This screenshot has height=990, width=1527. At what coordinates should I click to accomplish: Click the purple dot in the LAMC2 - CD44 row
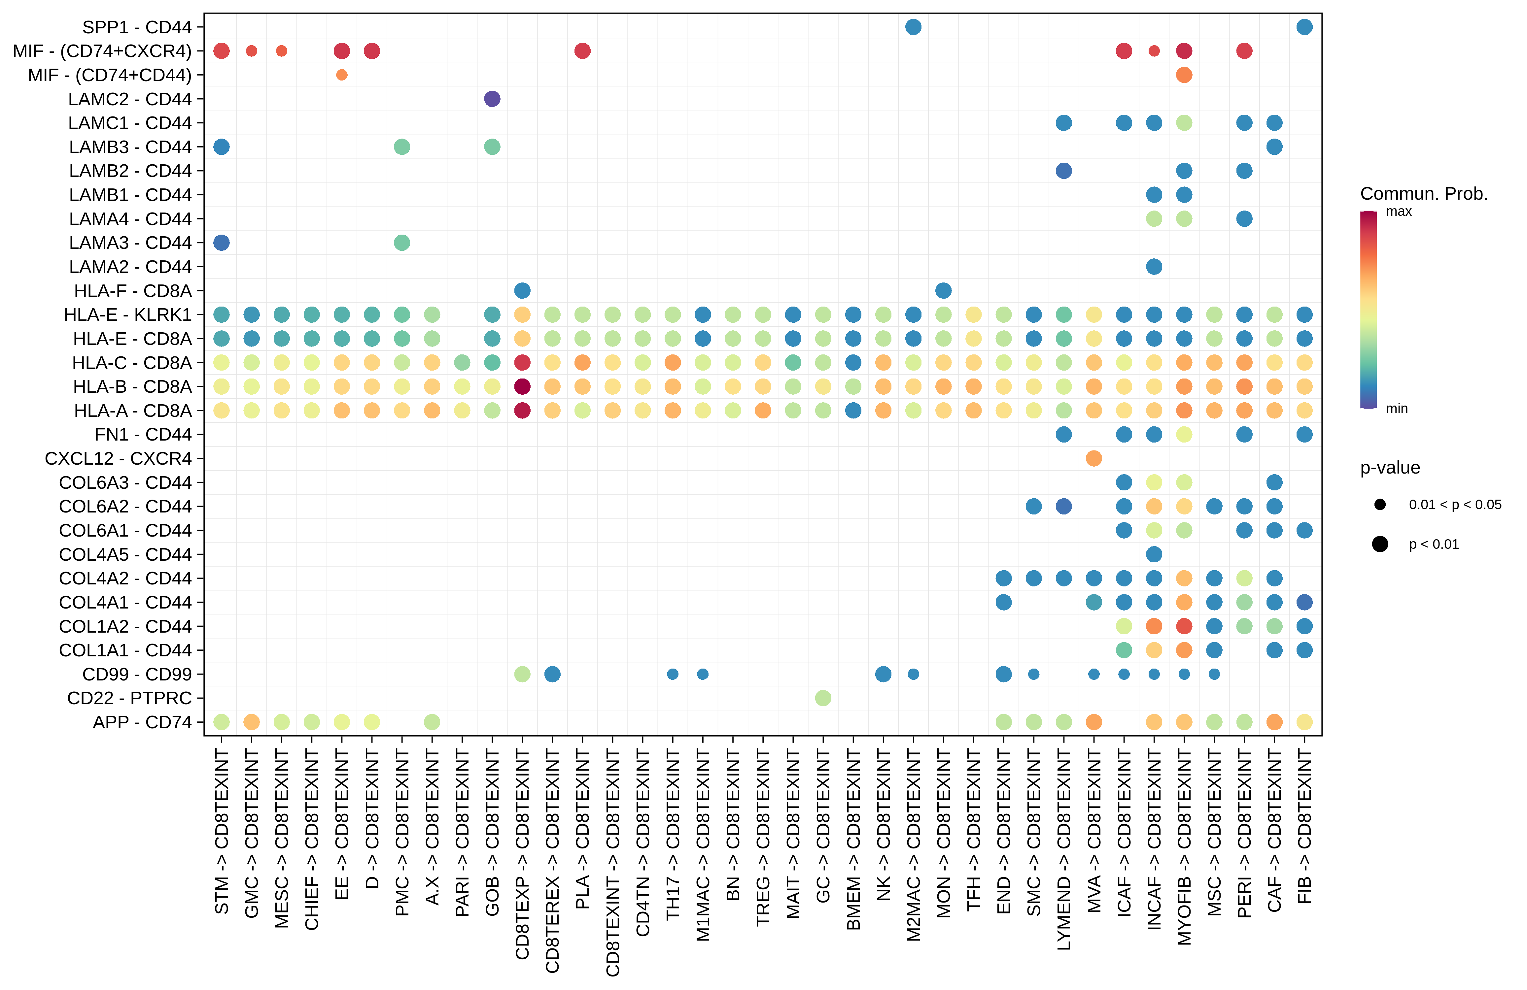click(492, 99)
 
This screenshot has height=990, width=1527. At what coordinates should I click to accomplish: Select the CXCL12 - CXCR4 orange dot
click(1094, 458)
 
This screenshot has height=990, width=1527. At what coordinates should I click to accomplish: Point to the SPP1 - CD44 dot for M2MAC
click(913, 27)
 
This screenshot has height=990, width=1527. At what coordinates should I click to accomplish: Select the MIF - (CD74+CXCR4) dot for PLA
click(582, 50)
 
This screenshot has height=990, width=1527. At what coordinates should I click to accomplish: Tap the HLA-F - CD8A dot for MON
click(943, 290)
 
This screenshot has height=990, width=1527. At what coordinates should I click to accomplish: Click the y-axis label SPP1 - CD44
click(137, 27)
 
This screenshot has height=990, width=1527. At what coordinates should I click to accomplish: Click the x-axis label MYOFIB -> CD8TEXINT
click(1184, 846)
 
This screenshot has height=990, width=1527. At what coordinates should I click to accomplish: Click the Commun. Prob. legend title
click(1424, 194)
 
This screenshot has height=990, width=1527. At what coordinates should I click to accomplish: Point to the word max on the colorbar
click(1399, 212)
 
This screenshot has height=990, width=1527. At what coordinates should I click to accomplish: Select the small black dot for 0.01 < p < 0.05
click(1380, 505)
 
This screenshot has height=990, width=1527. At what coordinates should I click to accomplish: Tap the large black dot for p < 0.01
click(1380, 544)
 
